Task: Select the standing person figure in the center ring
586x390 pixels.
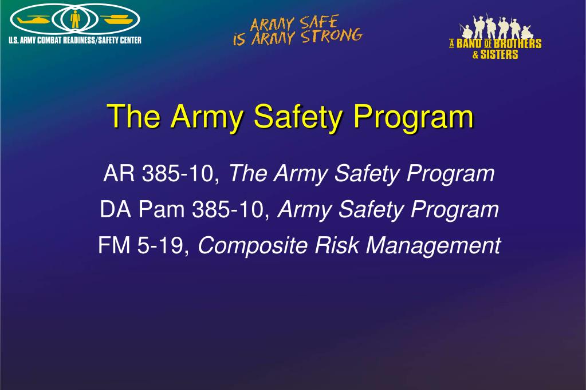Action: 74,20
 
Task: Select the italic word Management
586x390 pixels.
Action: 433,246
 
